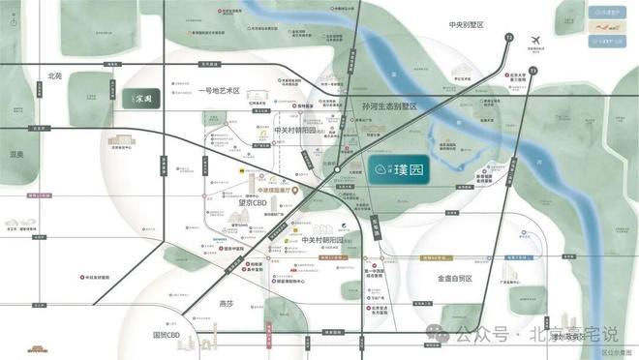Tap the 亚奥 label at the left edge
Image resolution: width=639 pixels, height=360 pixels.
coord(15,153)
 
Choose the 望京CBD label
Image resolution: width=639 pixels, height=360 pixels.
coord(254,202)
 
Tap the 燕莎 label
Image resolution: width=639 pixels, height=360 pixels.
coord(226,303)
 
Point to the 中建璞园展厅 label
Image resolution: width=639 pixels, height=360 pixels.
coord(272,190)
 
